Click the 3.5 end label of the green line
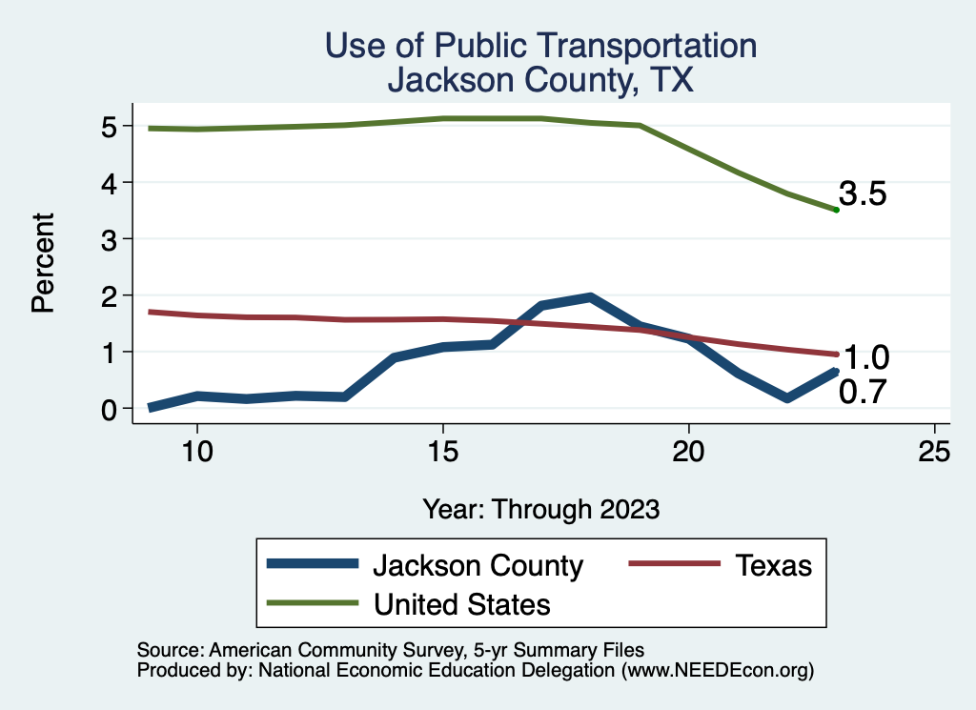click(x=863, y=194)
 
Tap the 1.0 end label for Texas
click(x=866, y=357)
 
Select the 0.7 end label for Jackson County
click(x=863, y=391)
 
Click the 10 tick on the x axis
click(x=196, y=452)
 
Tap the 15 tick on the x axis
click(x=442, y=452)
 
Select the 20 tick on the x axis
click(x=688, y=452)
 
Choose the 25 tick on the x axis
click(x=934, y=452)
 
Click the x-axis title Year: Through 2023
click(x=541, y=509)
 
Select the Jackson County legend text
click(x=478, y=565)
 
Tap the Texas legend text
click(x=773, y=565)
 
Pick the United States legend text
click(x=461, y=604)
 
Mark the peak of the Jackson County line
click(x=590, y=297)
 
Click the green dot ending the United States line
click(x=836, y=210)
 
